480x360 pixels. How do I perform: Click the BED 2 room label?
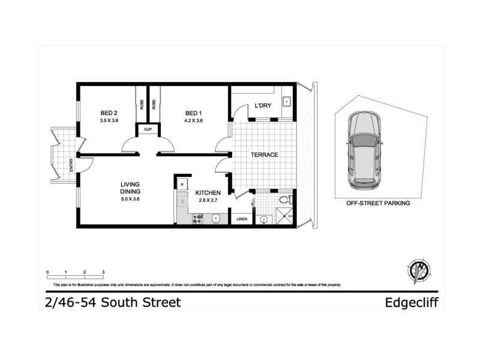click(x=108, y=113)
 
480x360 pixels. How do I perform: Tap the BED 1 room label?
click(x=193, y=113)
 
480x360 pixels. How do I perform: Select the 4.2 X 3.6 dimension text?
click(x=193, y=121)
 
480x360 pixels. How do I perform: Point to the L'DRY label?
click(x=263, y=106)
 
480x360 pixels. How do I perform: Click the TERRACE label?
click(x=264, y=155)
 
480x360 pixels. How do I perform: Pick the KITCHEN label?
click(x=208, y=193)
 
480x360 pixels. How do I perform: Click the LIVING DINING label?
click(x=130, y=188)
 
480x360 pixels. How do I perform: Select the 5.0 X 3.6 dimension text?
click(x=130, y=199)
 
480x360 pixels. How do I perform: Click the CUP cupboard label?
click(x=147, y=129)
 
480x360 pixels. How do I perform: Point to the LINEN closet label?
click(x=241, y=219)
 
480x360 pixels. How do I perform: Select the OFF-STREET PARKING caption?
click(x=378, y=203)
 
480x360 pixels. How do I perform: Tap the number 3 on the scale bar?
click(x=103, y=273)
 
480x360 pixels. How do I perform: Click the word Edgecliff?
click(x=414, y=302)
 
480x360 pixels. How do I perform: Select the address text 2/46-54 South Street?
click(x=113, y=302)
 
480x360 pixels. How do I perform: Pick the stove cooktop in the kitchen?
click(x=197, y=219)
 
